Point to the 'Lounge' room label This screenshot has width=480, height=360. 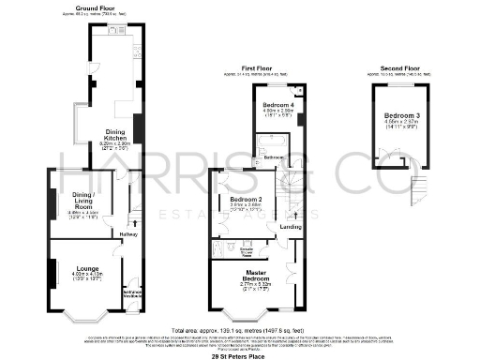point(88,267)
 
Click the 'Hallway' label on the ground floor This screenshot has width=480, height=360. point(128,232)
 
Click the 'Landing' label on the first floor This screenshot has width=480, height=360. point(291,227)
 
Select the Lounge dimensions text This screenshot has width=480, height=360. point(88,277)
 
